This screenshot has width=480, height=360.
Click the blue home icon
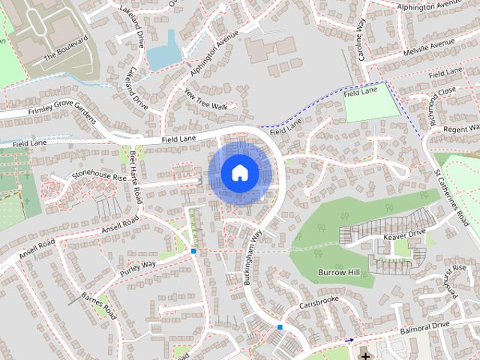click(x=239, y=172)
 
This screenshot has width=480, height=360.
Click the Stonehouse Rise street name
click(x=100, y=177)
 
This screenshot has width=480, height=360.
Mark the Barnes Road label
click(x=98, y=302)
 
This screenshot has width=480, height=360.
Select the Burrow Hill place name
click(x=339, y=271)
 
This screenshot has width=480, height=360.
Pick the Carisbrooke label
click(x=319, y=304)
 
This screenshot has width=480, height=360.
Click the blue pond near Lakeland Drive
click(x=162, y=52)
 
